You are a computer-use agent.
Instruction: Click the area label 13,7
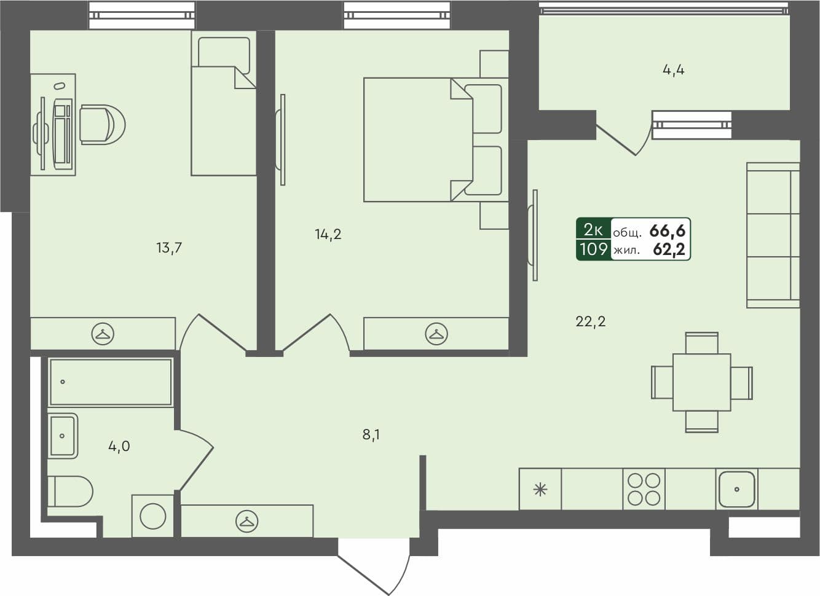[169, 248]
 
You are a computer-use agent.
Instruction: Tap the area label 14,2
[328, 234]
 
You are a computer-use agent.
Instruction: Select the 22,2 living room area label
[590, 321]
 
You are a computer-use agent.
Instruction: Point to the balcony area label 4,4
[674, 70]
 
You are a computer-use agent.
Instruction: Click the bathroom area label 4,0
[119, 447]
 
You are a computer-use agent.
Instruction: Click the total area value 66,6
[667, 231]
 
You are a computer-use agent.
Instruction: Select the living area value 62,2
[669, 249]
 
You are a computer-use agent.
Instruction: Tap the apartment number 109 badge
[593, 249]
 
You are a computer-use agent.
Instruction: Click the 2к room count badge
[593, 230]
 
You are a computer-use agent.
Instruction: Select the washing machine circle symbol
[152, 516]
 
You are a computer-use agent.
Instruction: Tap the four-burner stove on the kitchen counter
[644, 489]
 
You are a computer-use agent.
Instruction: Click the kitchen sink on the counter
[736, 489]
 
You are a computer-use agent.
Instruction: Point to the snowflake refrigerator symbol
[540, 490]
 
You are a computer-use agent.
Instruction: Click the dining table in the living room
[701, 382]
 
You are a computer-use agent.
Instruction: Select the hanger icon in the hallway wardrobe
[246, 522]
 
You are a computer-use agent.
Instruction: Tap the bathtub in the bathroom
[111, 382]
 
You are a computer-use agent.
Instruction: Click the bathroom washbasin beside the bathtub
[63, 436]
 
